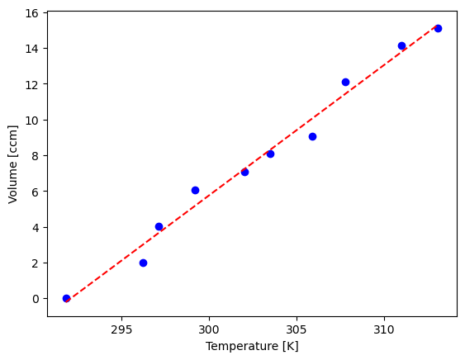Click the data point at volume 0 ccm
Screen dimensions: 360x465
pos(66,298)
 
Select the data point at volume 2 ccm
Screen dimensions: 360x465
pos(143,263)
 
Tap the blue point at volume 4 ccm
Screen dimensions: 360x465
pos(159,226)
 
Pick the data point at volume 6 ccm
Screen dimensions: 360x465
pos(195,190)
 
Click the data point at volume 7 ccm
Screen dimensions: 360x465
pos(244,172)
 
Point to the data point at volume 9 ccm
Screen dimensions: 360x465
pos(312,136)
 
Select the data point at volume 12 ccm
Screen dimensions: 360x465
pos(345,82)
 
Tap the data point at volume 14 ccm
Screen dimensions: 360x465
pos(401,45)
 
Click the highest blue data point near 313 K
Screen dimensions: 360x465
pos(438,28)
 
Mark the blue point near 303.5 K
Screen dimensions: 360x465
pos(270,154)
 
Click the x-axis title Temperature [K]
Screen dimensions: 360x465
pos(252,346)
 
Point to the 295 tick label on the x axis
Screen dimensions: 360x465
pos(121,329)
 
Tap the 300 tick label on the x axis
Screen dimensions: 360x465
pos(209,329)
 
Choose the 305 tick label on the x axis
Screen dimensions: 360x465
pos(297,329)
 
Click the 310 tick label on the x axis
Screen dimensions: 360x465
pos(384,329)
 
